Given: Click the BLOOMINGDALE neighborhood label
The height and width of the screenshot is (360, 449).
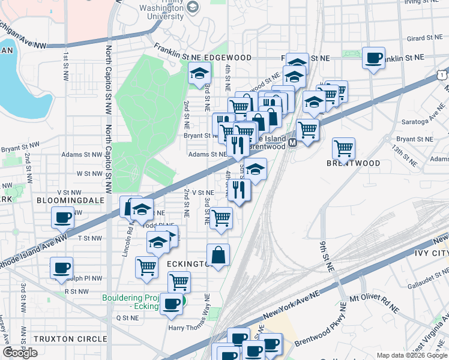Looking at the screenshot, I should click(65, 200).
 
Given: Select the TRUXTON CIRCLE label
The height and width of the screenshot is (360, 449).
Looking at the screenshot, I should click(70, 339).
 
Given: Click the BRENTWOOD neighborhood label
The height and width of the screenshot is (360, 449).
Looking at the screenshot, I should click(354, 163).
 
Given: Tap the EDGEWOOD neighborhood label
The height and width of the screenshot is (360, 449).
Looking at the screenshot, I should click(228, 58).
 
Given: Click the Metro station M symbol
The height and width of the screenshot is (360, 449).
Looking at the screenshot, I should click(292, 143).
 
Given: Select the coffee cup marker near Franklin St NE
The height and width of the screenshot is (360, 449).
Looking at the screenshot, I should click(374, 58).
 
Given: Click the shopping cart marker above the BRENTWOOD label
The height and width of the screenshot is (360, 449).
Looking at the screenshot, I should click(343, 147).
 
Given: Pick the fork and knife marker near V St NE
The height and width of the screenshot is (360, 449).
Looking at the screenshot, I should click(240, 190).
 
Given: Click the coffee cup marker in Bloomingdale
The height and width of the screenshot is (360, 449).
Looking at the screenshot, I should click(62, 217).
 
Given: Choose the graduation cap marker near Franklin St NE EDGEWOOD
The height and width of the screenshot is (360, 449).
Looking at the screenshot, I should click(199, 74).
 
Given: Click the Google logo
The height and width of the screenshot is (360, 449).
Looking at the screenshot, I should click(20, 353).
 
